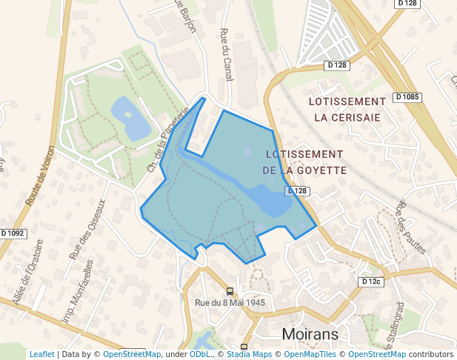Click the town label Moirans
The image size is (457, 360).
310,334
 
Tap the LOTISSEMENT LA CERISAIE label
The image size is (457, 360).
347,109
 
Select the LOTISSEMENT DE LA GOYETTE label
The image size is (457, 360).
304,162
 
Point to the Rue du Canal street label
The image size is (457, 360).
226,54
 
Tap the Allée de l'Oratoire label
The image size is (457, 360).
27,271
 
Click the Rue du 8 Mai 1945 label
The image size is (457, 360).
230,302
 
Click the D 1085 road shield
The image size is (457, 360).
407,97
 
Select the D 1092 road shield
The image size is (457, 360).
13,233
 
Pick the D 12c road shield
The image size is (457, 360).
371,281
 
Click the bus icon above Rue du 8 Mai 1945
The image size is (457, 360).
230,291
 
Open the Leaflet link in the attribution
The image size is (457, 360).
41,354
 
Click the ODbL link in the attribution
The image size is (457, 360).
200,354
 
